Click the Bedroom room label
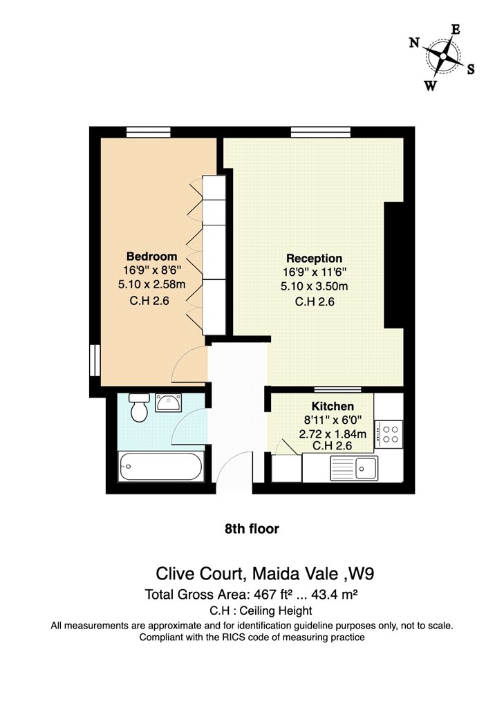152,257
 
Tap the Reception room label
315,259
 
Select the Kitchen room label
333,407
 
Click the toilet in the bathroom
139,408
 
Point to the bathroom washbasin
169,403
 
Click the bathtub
160,467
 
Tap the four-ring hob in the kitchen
389,434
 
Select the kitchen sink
354,468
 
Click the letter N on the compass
414,43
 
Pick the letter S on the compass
471,69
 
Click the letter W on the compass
431,86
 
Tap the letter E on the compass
456,30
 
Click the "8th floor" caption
252,529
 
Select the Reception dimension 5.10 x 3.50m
315,287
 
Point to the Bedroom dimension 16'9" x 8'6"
152,270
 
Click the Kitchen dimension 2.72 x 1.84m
333,434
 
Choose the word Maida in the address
275,574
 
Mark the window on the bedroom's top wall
149,132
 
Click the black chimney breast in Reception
394,266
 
